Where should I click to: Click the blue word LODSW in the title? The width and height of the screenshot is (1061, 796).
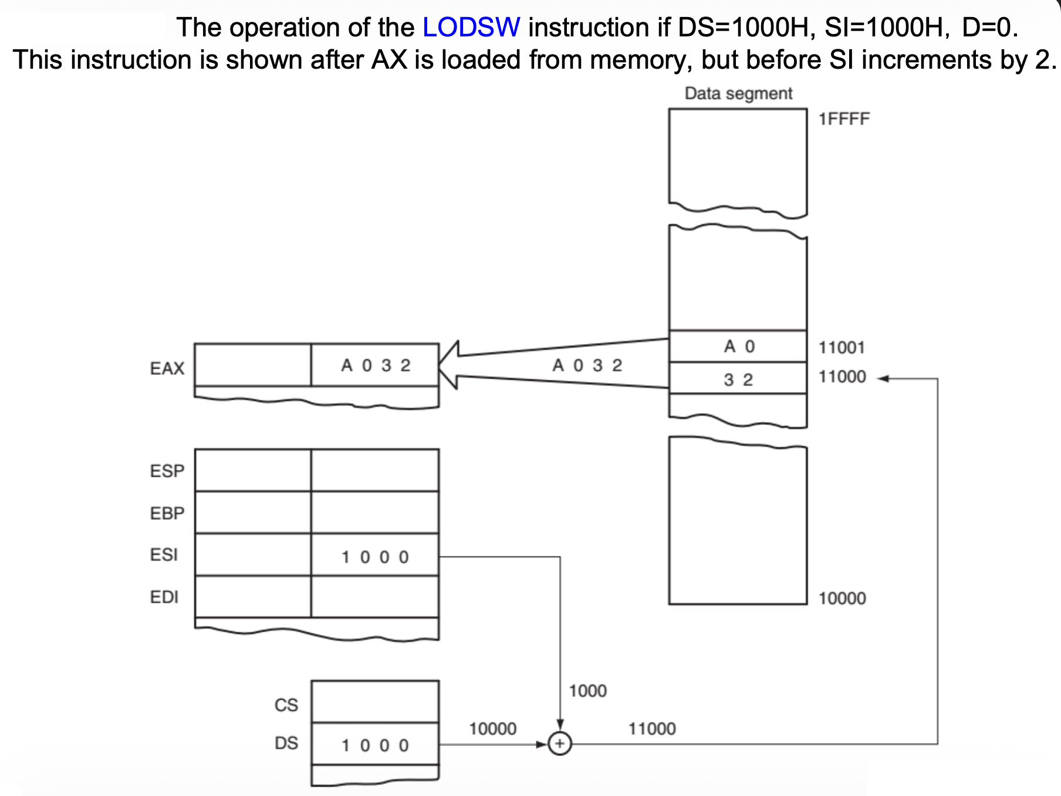coord(471,28)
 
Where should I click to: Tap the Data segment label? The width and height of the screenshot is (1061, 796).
coord(738,93)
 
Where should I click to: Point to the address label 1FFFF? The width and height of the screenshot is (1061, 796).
coord(844,119)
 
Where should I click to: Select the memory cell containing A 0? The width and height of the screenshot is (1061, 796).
coord(738,346)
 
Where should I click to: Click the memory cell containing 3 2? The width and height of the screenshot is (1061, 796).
coord(738,379)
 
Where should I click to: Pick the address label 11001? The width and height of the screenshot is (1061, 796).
coord(842,348)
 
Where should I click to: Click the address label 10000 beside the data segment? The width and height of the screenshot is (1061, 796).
coord(842,598)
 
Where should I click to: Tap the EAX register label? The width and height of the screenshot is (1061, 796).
coord(167,368)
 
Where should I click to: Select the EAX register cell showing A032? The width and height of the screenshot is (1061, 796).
coord(375,365)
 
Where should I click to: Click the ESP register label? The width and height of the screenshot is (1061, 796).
coord(167,471)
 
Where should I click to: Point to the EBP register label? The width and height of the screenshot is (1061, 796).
coord(167,513)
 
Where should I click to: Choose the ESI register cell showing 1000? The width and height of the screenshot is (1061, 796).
coord(375,556)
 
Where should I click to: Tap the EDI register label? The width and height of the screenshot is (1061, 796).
coord(164,597)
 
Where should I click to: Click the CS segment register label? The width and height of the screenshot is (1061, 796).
coord(286,704)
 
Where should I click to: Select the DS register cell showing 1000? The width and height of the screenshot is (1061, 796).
coord(375,744)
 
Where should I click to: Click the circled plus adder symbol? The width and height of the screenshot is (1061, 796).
coord(560,744)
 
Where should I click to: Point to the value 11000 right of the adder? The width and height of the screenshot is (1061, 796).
coord(652,728)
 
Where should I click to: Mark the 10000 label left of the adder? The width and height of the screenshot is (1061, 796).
coord(492,728)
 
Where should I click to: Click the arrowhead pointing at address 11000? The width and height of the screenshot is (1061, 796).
coord(883,379)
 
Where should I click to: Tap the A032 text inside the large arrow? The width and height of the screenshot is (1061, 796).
coord(587,365)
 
